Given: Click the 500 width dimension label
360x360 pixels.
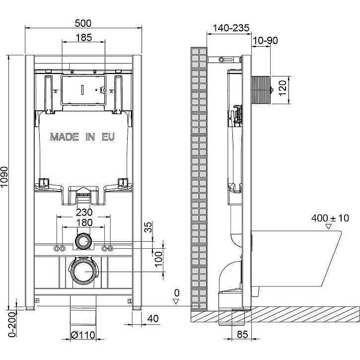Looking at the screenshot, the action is click(x=83, y=23).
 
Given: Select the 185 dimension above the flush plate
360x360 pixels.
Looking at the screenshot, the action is click(x=84, y=37).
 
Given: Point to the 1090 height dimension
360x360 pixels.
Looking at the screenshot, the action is click(x=4, y=177).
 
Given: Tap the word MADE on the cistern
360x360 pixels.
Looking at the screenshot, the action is click(x=64, y=137).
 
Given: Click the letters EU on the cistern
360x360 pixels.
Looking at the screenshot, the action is click(x=108, y=137).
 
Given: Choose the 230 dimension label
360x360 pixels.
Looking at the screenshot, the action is click(x=84, y=213).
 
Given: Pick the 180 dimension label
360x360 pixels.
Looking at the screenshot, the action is click(x=84, y=222).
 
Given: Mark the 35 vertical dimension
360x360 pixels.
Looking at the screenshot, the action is click(x=148, y=227).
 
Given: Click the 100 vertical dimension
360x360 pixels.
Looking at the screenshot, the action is click(x=158, y=259).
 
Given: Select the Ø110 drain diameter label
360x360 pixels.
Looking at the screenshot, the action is click(x=83, y=335).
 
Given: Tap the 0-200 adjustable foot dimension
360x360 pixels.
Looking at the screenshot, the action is click(x=12, y=324).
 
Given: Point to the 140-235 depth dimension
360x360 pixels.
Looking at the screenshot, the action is click(x=231, y=28).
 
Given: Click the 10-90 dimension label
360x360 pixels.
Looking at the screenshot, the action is click(x=265, y=41).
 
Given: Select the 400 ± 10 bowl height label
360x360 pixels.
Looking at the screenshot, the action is click(x=330, y=218).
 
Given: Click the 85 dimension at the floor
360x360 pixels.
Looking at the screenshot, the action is click(x=242, y=335).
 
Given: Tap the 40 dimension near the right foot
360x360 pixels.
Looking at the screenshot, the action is click(x=153, y=318).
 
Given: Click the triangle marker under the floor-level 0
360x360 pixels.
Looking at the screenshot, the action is click(x=176, y=301).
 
